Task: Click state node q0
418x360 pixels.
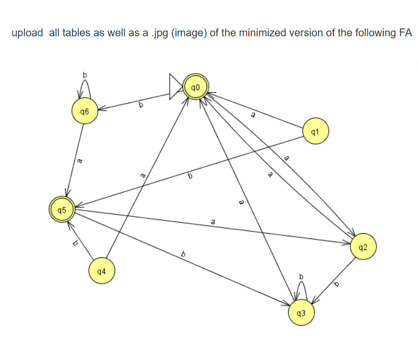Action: [x=196, y=87]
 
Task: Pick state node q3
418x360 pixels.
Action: [x=301, y=313]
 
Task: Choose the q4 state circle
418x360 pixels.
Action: [x=101, y=272]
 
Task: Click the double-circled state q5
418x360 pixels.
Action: [x=62, y=209]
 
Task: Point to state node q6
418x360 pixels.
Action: [x=85, y=112]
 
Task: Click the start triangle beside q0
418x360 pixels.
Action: [x=176, y=87]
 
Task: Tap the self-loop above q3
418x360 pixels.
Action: [x=301, y=288]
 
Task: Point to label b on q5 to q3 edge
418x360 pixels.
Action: [x=183, y=255]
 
